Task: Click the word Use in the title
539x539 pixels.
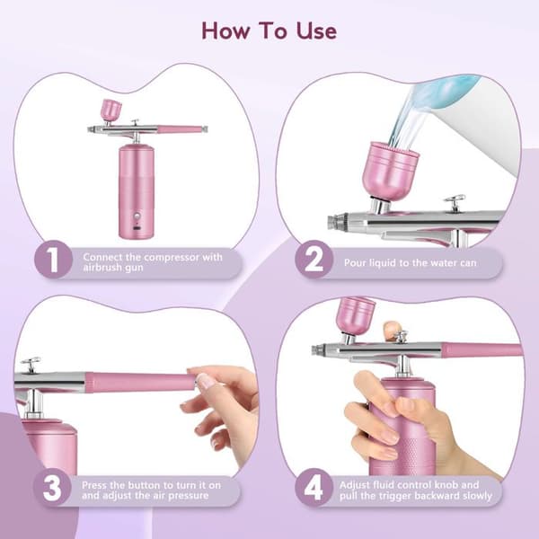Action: (316, 31)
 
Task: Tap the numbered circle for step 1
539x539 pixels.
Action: (53, 260)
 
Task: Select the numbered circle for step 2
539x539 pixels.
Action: (314, 260)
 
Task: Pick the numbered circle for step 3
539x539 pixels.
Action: (52, 488)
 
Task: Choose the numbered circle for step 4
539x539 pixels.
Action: (314, 488)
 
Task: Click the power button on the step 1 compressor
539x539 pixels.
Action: (137, 216)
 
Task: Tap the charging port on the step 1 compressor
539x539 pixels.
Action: (137, 228)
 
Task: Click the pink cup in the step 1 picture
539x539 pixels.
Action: (111, 109)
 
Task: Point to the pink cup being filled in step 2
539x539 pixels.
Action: (391, 171)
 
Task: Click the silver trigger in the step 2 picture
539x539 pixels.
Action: (455, 203)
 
